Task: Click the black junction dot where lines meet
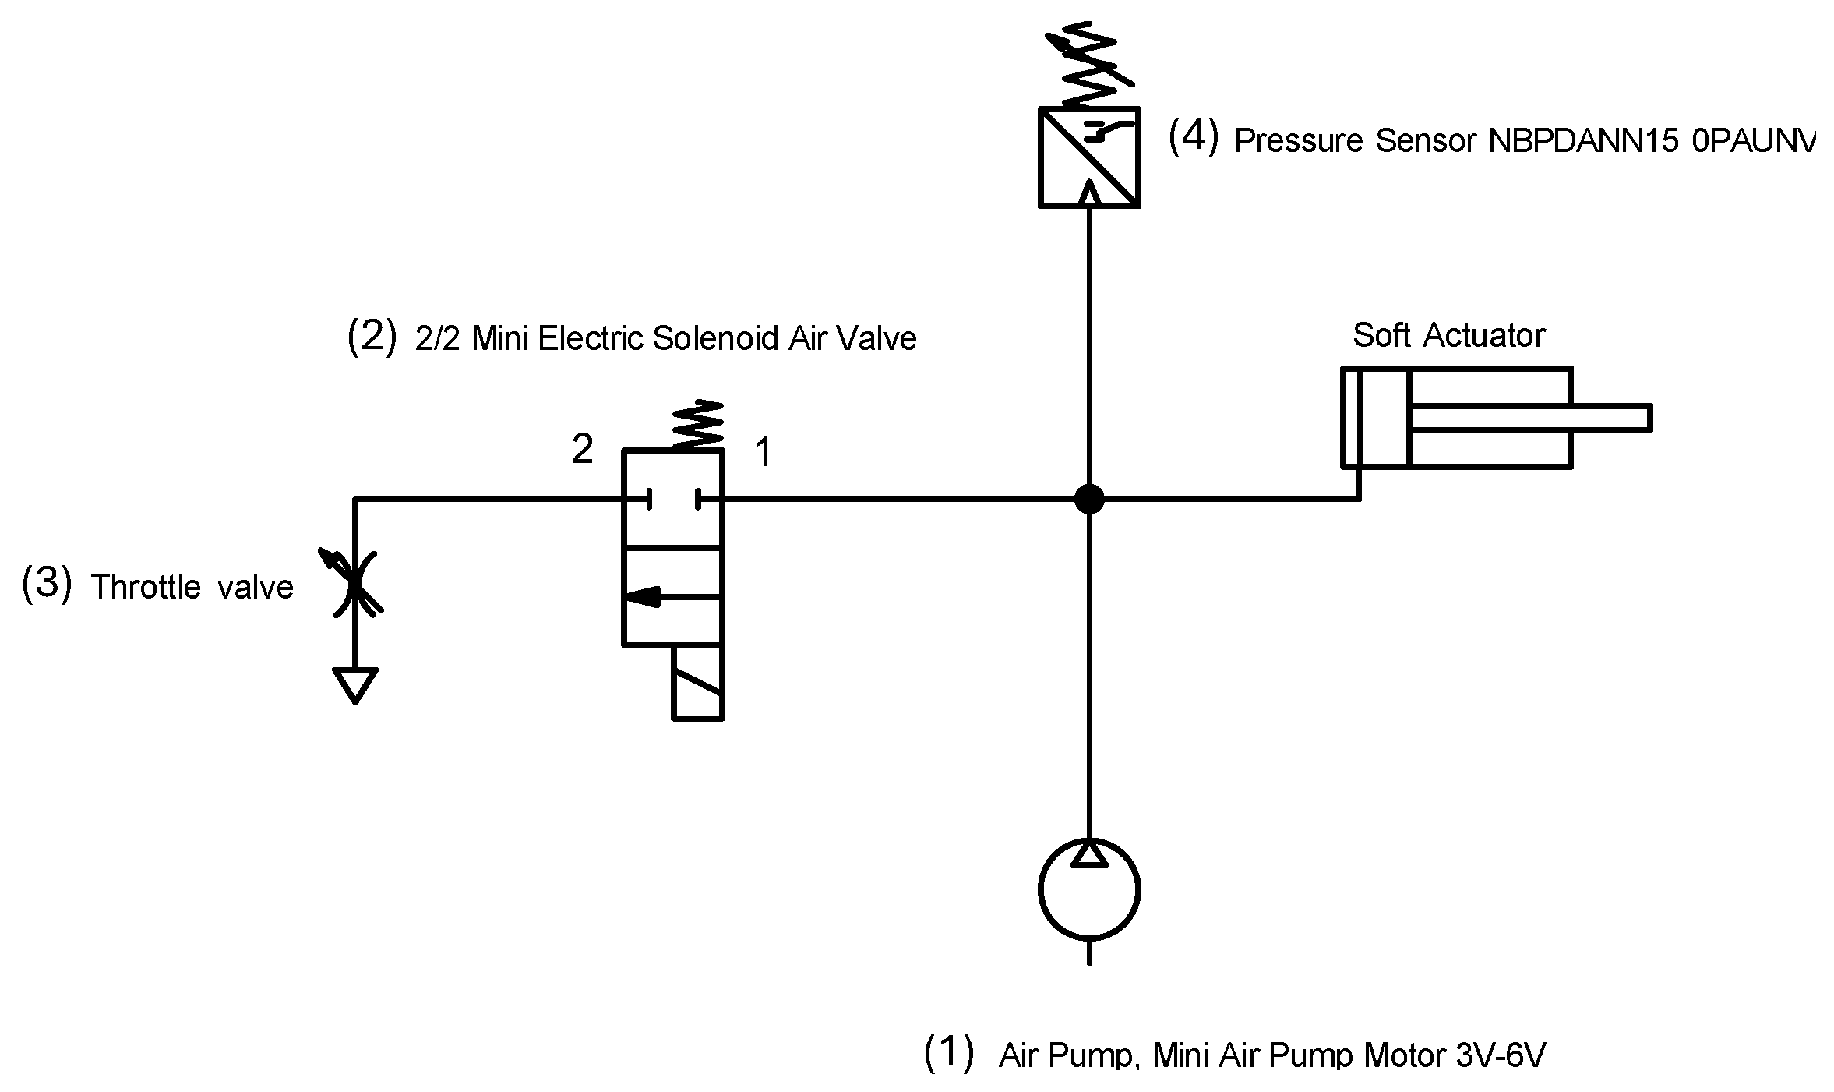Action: coord(1088,499)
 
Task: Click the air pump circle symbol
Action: coord(1088,890)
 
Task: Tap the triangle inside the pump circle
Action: coord(1088,853)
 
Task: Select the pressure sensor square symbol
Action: coord(1088,157)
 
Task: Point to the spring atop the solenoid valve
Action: coord(698,425)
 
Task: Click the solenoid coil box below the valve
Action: coord(697,682)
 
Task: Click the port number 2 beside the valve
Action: coord(582,450)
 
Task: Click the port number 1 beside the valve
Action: coord(764,452)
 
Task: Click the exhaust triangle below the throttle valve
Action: coord(355,682)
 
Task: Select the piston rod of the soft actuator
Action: coord(1527,418)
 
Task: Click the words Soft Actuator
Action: coord(1448,336)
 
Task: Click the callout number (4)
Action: coord(1193,138)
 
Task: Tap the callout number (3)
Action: coord(47,584)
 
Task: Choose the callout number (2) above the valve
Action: coord(372,337)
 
